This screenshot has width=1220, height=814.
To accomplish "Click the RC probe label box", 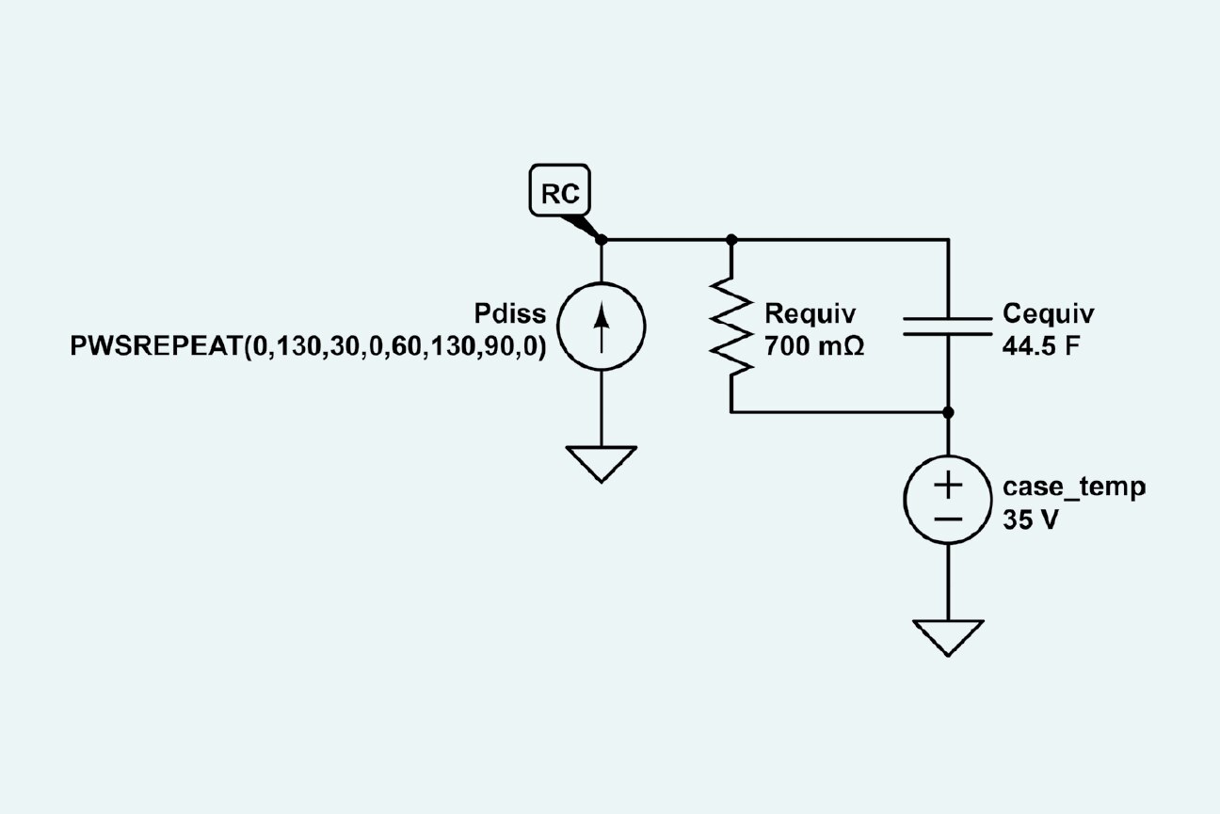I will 561,193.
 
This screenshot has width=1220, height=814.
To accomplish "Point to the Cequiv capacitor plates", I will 947,326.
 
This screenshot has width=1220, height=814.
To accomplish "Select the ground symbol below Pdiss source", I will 602,463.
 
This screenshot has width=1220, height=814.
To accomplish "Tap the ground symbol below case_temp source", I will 947,636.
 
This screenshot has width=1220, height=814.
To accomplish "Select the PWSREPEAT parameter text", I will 309,345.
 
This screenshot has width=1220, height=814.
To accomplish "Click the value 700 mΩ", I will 814,345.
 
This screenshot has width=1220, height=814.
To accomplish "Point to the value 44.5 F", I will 1041,345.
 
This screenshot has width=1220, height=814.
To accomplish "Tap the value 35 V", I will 1031,520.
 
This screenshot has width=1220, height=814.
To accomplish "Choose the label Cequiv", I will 1049,313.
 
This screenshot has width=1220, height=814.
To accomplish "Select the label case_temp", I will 1074,487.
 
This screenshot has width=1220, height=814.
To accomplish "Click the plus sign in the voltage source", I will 947,486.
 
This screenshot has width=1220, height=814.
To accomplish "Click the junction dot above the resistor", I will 731,240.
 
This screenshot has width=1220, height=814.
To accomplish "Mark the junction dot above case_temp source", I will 947,412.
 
